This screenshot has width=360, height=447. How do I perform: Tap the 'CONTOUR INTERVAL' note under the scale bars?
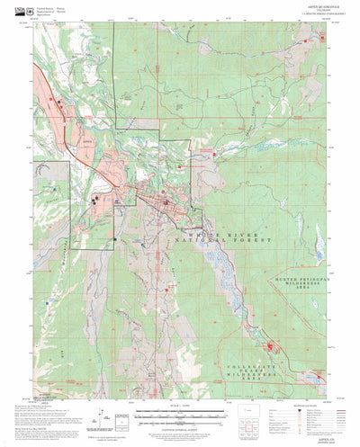coord(180,426)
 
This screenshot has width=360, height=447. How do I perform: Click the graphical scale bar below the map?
coord(180,414)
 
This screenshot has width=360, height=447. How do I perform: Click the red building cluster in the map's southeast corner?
coord(269,346)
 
